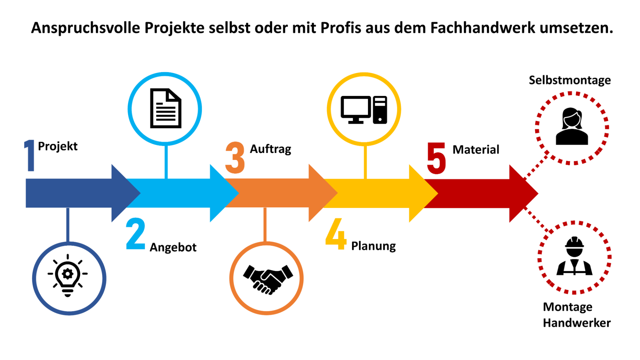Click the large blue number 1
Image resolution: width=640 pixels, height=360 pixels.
30,156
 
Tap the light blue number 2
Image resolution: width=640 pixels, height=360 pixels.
135,234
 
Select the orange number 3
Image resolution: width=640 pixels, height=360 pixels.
235,158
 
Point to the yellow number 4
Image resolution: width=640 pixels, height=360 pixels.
336,234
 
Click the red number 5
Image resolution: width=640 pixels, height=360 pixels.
436,158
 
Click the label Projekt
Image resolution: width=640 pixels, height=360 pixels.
58,146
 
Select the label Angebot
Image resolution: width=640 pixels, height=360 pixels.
173,247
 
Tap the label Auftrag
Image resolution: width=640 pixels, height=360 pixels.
270,149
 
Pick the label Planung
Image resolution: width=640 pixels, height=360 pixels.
373,246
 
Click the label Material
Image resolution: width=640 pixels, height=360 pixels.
476,150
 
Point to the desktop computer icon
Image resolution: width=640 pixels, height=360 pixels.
364,110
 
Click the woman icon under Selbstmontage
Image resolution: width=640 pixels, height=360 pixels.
572,127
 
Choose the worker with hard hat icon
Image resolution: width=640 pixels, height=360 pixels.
574,257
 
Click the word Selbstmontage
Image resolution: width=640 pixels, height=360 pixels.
570,80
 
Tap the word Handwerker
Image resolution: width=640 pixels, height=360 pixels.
577,323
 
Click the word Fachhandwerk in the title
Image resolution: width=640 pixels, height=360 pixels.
482,28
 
